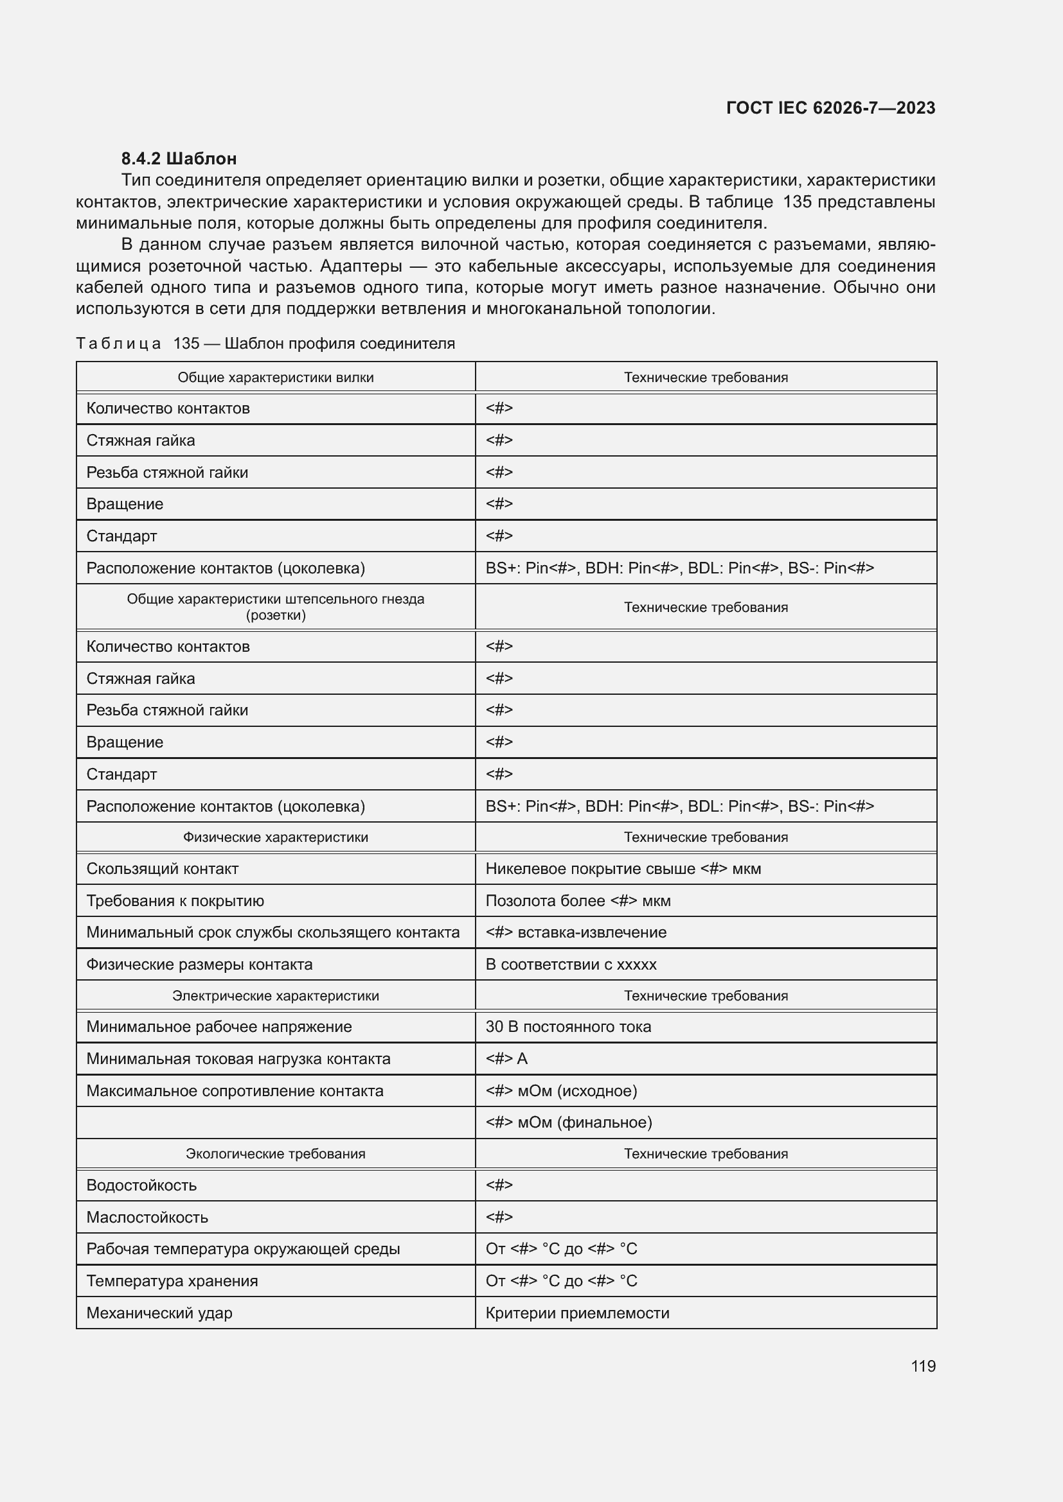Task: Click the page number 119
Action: [x=923, y=1366]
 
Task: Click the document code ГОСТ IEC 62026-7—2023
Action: [x=830, y=108]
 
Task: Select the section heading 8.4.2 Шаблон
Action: [x=179, y=159]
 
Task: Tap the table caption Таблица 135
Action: [x=265, y=344]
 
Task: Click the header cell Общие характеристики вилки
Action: [x=276, y=378]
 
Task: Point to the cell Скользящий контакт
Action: [x=163, y=869]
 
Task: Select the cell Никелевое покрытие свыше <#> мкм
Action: [x=623, y=869]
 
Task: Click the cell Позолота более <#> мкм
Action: [x=577, y=901]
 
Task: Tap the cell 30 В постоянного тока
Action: [x=568, y=1026]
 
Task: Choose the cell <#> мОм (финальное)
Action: [x=568, y=1122]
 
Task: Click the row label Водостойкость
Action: [x=141, y=1185]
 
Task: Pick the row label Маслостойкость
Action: [x=147, y=1218]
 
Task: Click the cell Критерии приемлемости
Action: [x=577, y=1313]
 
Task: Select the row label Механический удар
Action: [x=159, y=1313]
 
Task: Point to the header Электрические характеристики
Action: [x=276, y=996]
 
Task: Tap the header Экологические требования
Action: [x=276, y=1154]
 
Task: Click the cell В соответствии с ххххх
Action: [x=571, y=965]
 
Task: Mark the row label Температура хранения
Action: [x=172, y=1281]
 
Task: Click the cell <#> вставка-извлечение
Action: [x=575, y=932]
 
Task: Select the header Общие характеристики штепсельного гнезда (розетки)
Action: [x=276, y=607]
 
